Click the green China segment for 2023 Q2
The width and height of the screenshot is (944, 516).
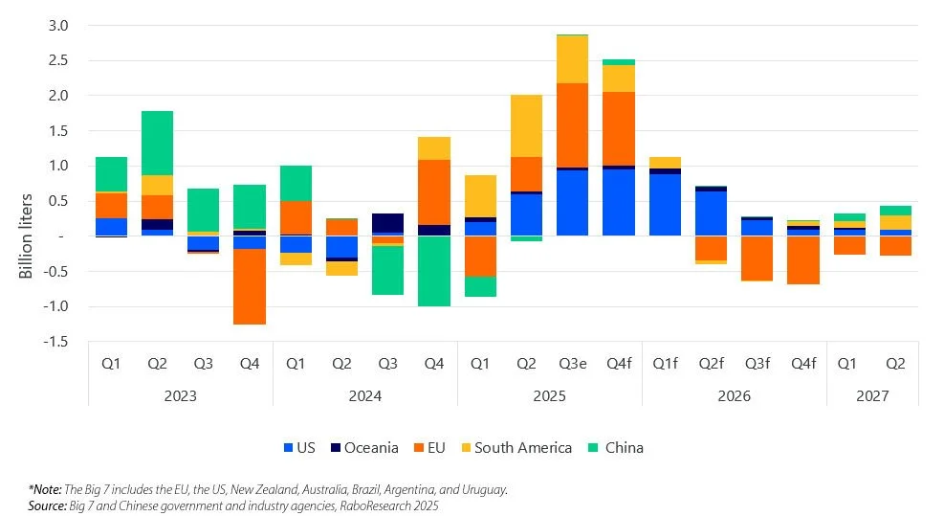(x=157, y=143)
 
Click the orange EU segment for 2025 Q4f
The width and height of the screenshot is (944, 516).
(x=619, y=128)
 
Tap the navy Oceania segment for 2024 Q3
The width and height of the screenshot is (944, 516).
(x=387, y=222)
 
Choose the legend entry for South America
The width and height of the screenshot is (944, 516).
(x=522, y=447)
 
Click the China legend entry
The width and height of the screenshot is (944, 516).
(x=623, y=447)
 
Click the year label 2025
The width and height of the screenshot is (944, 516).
(x=549, y=395)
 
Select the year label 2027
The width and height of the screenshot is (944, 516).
(x=872, y=395)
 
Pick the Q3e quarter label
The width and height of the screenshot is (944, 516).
(x=572, y=364)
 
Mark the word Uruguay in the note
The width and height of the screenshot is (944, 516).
(x=480, y=488)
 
